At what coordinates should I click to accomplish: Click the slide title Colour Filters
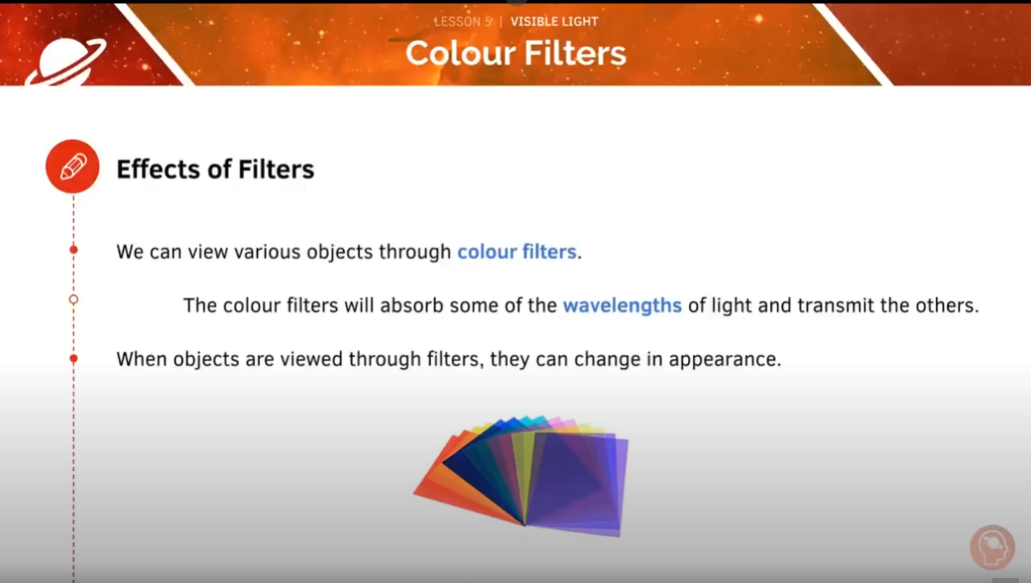pos(515,53)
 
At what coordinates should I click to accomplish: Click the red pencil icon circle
pos(72,167)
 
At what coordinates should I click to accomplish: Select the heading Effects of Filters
pos(215,169)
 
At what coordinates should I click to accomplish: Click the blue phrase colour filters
pos(516,252)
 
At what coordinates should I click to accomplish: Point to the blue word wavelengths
pos(622,306)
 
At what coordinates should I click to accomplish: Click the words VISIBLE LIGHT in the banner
pos(554,22)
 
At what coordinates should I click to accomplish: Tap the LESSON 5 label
pos(462,22)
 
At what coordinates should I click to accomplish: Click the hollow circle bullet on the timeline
pos(73,300)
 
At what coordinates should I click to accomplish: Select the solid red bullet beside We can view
pos(73,250)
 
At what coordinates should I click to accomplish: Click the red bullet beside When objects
pos(73,358)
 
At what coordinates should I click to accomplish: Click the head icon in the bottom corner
pos(992,548)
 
